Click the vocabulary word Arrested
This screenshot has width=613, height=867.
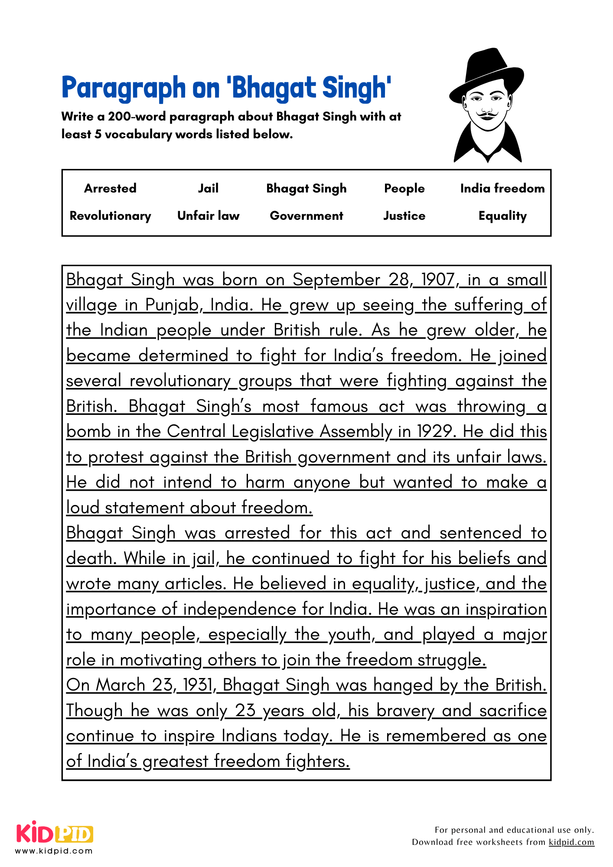pyautogui.click(x=110, y=188)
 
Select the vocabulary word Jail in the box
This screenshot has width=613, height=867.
pyautogui.click(x=208, y=188)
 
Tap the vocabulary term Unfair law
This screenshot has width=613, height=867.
pyautogui.click(x=208, y=215)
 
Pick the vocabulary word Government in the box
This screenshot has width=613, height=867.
pyautogui.click(x=306, y=215)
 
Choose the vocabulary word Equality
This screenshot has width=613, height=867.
pyautogui.click(x=502, y=215)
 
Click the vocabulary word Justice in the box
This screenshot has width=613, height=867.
pyautogui.click(x=404, y=215)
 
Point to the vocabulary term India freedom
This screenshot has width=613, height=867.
pyautogui.click(x=502, y=188)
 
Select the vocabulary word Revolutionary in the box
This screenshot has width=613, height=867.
pyautogui.click(x=110, y=215)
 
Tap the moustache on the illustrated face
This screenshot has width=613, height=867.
pyautogui.click(x=487, y=115)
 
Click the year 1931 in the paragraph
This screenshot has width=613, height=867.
pyautogui.click(x=198, y=685)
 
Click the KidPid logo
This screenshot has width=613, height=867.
pyautogui.click(x=55, y=834)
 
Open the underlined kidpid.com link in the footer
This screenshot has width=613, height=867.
pyautogui.click(x=571, y=842)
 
